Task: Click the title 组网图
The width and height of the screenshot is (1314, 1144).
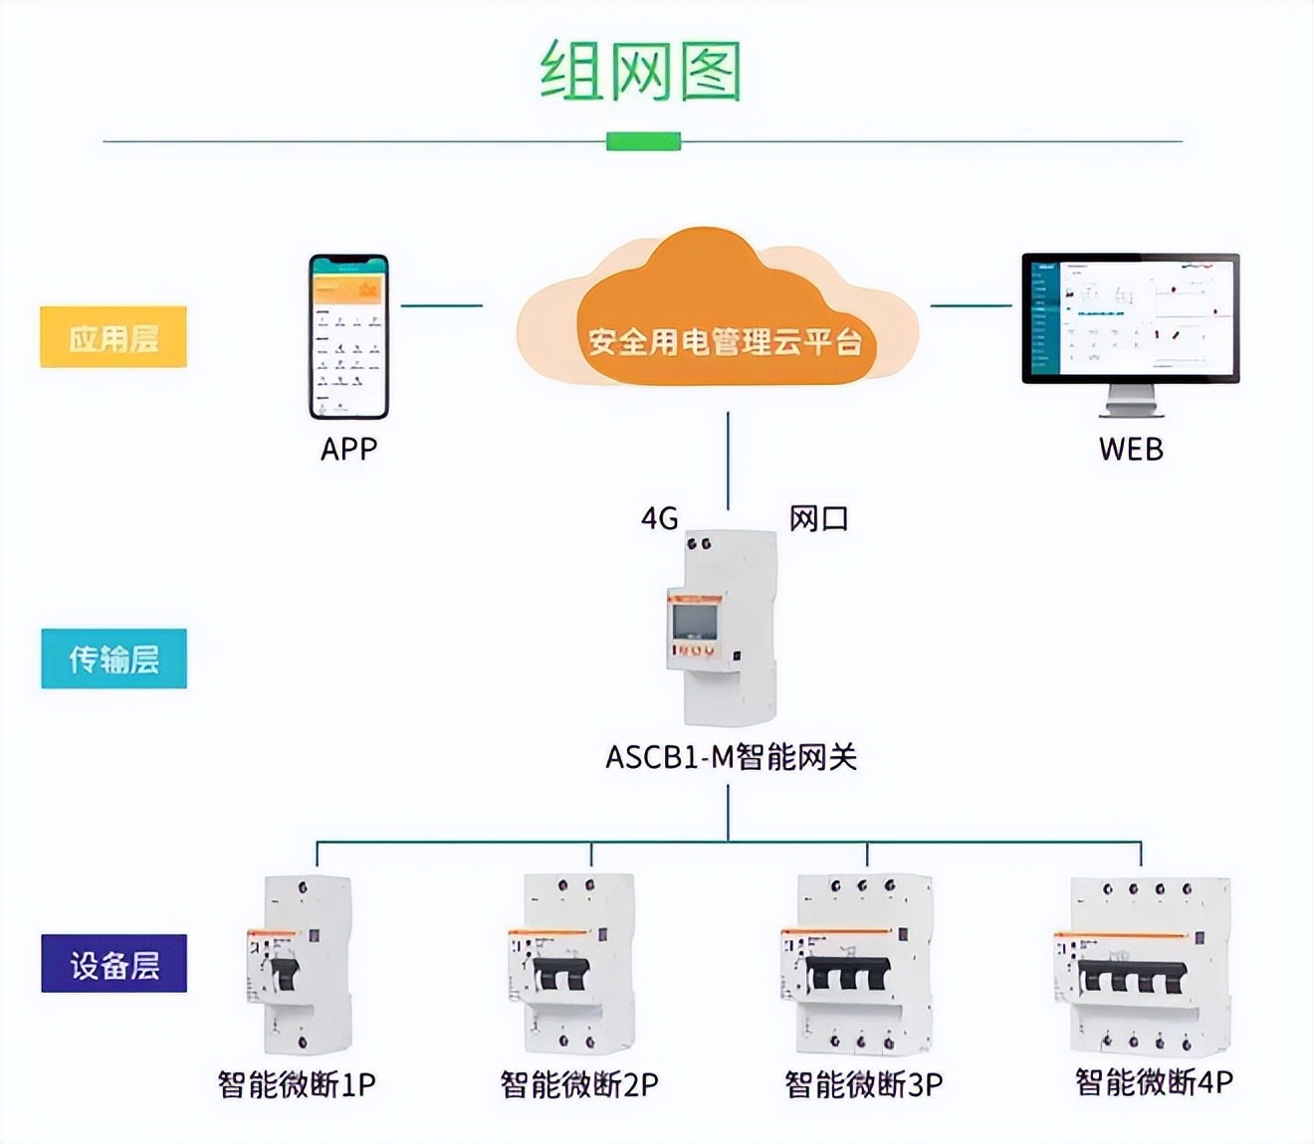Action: (641, 72)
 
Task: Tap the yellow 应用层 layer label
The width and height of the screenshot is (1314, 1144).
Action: (113, 338)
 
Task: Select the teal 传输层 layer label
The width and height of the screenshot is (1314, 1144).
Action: (113, 659)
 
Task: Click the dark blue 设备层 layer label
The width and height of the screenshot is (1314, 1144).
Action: (113, 964)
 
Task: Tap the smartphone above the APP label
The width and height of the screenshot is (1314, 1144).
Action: (348, 337)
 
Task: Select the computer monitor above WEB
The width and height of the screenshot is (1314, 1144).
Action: (1131, 328)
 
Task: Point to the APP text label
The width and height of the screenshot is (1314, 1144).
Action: (348, 450)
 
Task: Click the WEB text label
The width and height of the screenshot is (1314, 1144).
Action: (1131, 450)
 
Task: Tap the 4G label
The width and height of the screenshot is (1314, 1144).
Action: (659, 518)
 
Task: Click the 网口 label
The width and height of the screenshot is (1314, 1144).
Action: (818, 518)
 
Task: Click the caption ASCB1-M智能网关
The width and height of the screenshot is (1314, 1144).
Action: (731, 758)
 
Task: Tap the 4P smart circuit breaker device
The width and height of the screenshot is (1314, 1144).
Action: (1143, 965)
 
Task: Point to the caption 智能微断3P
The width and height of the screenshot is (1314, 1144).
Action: (863, 1084)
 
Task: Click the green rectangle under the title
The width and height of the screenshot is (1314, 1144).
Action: (643, 141)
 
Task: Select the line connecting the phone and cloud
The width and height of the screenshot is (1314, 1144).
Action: (441, 305)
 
